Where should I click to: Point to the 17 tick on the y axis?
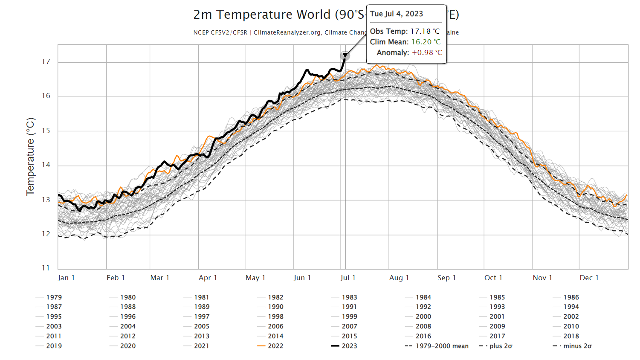(x=46, y=62)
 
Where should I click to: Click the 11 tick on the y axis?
(x=46, y=268)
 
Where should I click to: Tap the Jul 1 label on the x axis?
(x=348, y=278)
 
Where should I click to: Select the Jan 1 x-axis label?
(x=66, y=278)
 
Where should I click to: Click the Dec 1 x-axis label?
(x=589, y=278)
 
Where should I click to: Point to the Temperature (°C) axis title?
(x=30, y=157)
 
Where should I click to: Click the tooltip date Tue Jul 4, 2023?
(x=397, y=14)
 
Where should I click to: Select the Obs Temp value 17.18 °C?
(x=425, y=31)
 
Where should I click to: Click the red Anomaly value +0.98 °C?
(x=427, y=52)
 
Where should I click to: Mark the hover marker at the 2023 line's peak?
(x=345, y=56)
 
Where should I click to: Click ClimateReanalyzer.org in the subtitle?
(x=287, y=32)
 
